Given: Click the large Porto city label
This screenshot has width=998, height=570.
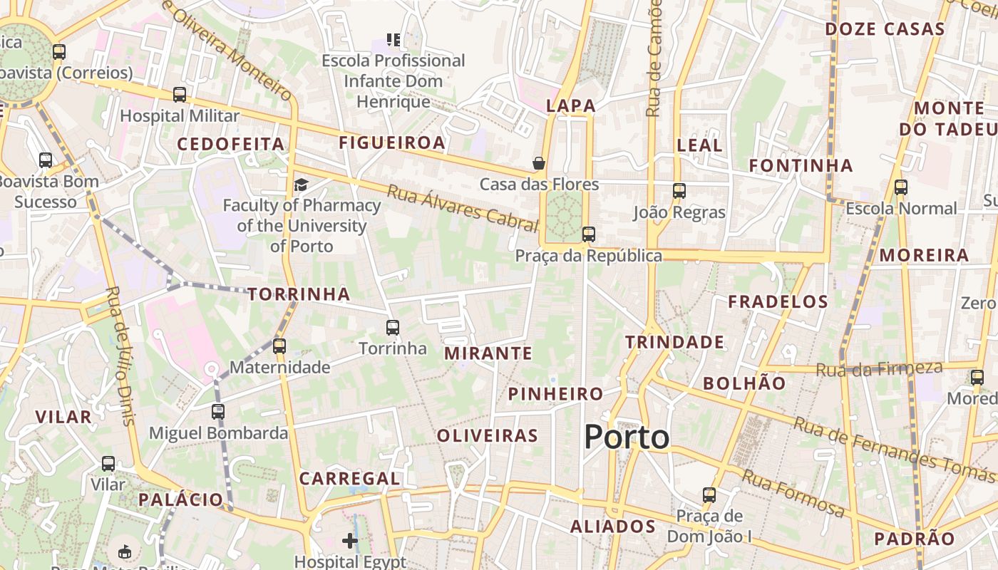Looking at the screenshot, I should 627,437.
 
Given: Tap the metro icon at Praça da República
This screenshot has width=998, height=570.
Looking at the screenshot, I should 588,234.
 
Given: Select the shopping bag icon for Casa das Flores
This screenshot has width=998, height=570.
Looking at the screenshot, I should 539,163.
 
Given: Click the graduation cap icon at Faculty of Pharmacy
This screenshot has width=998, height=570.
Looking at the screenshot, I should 301,185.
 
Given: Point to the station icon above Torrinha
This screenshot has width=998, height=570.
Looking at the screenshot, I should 393,328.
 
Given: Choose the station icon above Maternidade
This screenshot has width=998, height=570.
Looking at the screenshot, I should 279,346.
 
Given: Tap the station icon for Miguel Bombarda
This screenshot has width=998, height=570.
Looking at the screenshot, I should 218,412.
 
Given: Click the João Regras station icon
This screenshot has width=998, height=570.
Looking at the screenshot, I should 679,191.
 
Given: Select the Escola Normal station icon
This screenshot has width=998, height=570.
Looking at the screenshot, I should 901,187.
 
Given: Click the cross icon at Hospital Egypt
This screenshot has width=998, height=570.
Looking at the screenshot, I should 349,541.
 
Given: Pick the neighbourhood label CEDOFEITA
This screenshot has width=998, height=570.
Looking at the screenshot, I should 231,144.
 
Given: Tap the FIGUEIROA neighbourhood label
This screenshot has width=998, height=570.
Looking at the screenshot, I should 392,142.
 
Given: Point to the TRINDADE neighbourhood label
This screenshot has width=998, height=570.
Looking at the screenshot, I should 674,342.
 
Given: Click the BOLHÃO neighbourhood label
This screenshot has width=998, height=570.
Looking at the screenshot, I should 744,383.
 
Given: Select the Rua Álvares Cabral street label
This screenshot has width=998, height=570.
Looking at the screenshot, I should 462,208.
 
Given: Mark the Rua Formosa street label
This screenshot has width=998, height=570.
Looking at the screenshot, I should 793,492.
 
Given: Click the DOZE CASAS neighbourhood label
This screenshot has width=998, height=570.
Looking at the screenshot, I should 885,29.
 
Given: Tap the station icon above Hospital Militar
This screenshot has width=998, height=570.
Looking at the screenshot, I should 180,95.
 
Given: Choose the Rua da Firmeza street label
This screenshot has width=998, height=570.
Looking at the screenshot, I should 879,369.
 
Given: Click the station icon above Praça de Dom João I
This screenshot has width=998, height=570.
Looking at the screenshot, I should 709,495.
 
